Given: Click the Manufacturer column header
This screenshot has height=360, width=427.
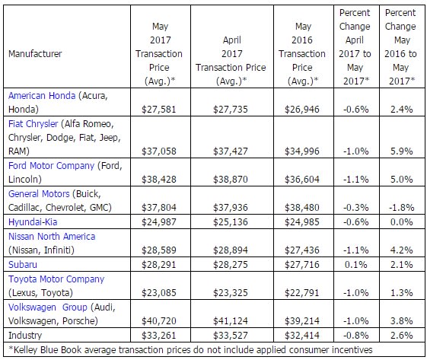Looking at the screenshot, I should pyautogui.click(x=36, y=54).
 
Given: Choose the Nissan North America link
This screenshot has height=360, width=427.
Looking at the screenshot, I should pyautogui.click(x=52, y=237).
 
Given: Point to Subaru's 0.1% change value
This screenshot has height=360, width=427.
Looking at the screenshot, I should pyautogui.click(x=351, y=264).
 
